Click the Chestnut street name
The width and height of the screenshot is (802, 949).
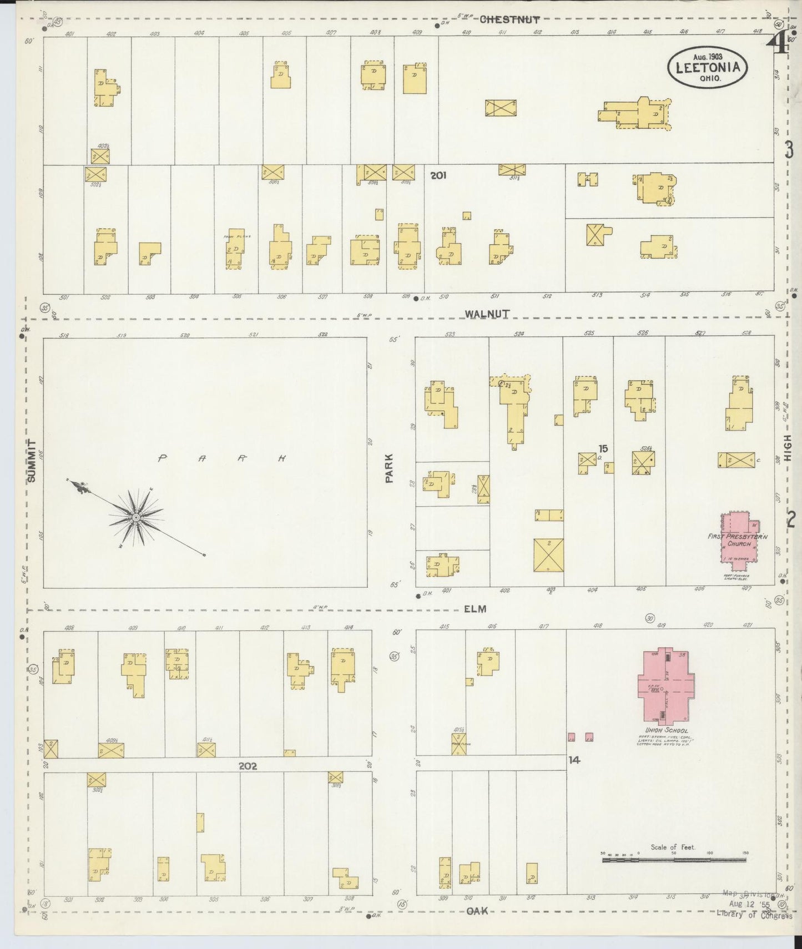(x=509, y=19)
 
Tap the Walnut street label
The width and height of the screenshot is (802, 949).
(x=487, y=314)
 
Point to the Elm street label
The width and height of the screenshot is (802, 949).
(x=475, y=609)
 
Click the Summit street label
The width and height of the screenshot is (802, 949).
(x=32, y=461)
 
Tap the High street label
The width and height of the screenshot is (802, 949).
(x=789, y=448)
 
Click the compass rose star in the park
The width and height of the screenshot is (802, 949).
(x=135, y=517)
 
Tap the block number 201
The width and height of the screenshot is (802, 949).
(x=438, y=176)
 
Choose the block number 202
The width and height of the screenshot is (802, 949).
(x=248, y=766)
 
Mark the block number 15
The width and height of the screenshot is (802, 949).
(x=603, y=448)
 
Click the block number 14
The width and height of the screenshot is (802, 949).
(x=574, y=760)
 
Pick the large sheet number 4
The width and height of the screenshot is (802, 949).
(x=780, y=43)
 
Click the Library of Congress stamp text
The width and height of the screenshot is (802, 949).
(x=754, y=931)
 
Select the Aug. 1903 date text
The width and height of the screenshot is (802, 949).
(x=707, y=56)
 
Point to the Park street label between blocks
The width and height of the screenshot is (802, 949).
(x=389, y=468)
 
